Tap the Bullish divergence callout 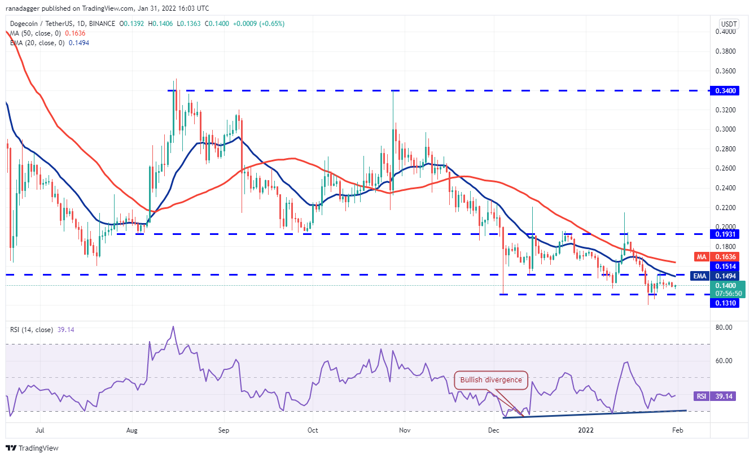pyautogui.click(x=491, y=380)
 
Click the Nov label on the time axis pyautogui.click(x=404, y=430)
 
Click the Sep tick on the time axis pyautogui.click(x=223, y=430)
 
